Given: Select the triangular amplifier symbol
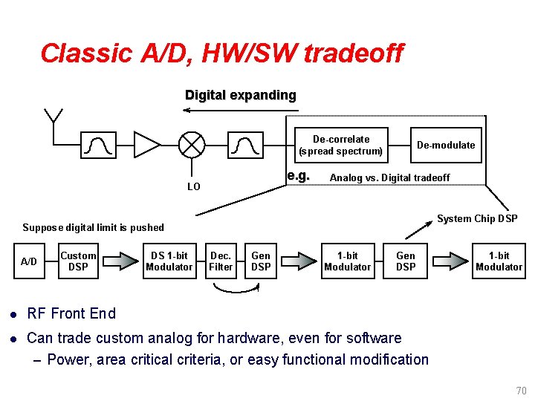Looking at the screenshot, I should pyautogui.click(x=146, y=145).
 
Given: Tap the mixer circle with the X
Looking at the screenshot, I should pyautogui.click(x=193, y=144).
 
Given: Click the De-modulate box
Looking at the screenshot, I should pyautogui.click(x=445, y=145).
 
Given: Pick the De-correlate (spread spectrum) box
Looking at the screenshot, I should pyautogui.click(x=340, y=145).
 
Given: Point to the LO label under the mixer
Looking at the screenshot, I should pyautogui.click(x=193, y=186).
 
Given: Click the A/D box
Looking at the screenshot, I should pyautogui.click(x=29, y=261).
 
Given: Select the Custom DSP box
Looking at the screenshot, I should pyautogui.click(x=78, y=261).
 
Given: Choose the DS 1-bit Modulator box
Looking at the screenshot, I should pyautogui.click(x=169, y=261).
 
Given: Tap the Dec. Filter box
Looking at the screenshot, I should pyautogui.click(x=221, y=261).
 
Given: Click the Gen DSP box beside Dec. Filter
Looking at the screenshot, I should pyautogui.click(x=261, y=261).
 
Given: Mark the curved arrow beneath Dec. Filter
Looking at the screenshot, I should pyautogui.click(x=236, y=290).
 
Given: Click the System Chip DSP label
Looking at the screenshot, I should pyautogui.click(x=476, y=218).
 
